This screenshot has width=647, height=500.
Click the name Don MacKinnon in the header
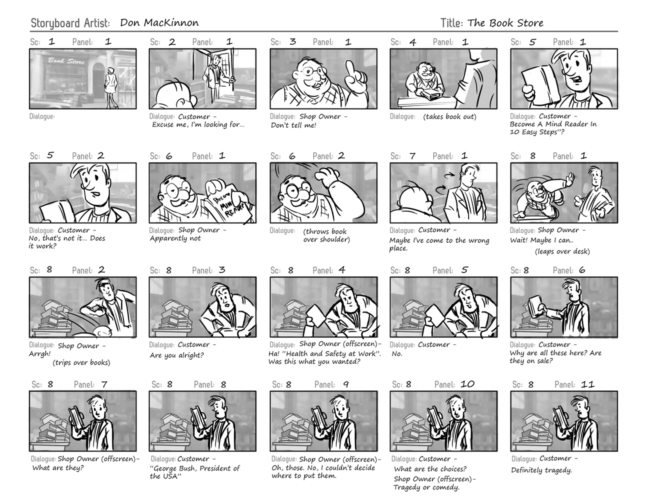[159, 22]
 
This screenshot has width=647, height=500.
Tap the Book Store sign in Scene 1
[66, 61]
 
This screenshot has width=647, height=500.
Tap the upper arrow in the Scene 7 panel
[450, 174]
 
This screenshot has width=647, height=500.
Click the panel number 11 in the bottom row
[587, 384]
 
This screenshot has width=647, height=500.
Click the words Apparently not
[175, 239]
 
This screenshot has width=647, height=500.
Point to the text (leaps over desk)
[562, 251]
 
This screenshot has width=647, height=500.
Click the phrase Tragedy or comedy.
[425, 487]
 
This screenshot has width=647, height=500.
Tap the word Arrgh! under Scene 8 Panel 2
[40, 354]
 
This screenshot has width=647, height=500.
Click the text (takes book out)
[449, 117]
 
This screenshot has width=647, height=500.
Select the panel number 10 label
[467, 384]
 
